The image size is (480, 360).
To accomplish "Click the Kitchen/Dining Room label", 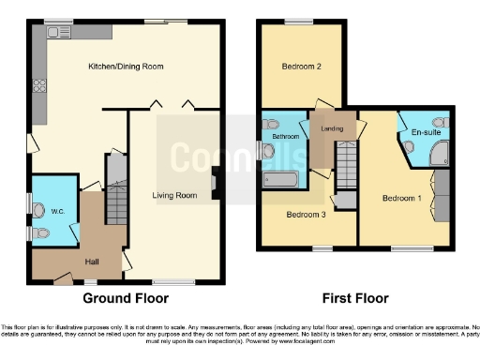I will coord(126,67).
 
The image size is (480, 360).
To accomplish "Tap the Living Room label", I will coord(175,195).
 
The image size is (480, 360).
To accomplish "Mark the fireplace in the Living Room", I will coord(216,183).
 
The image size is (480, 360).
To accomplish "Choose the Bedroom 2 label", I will coord(301,67).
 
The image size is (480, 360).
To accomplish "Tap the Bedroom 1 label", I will coord(400,199).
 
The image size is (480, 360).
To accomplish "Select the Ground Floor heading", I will coord(126,298).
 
